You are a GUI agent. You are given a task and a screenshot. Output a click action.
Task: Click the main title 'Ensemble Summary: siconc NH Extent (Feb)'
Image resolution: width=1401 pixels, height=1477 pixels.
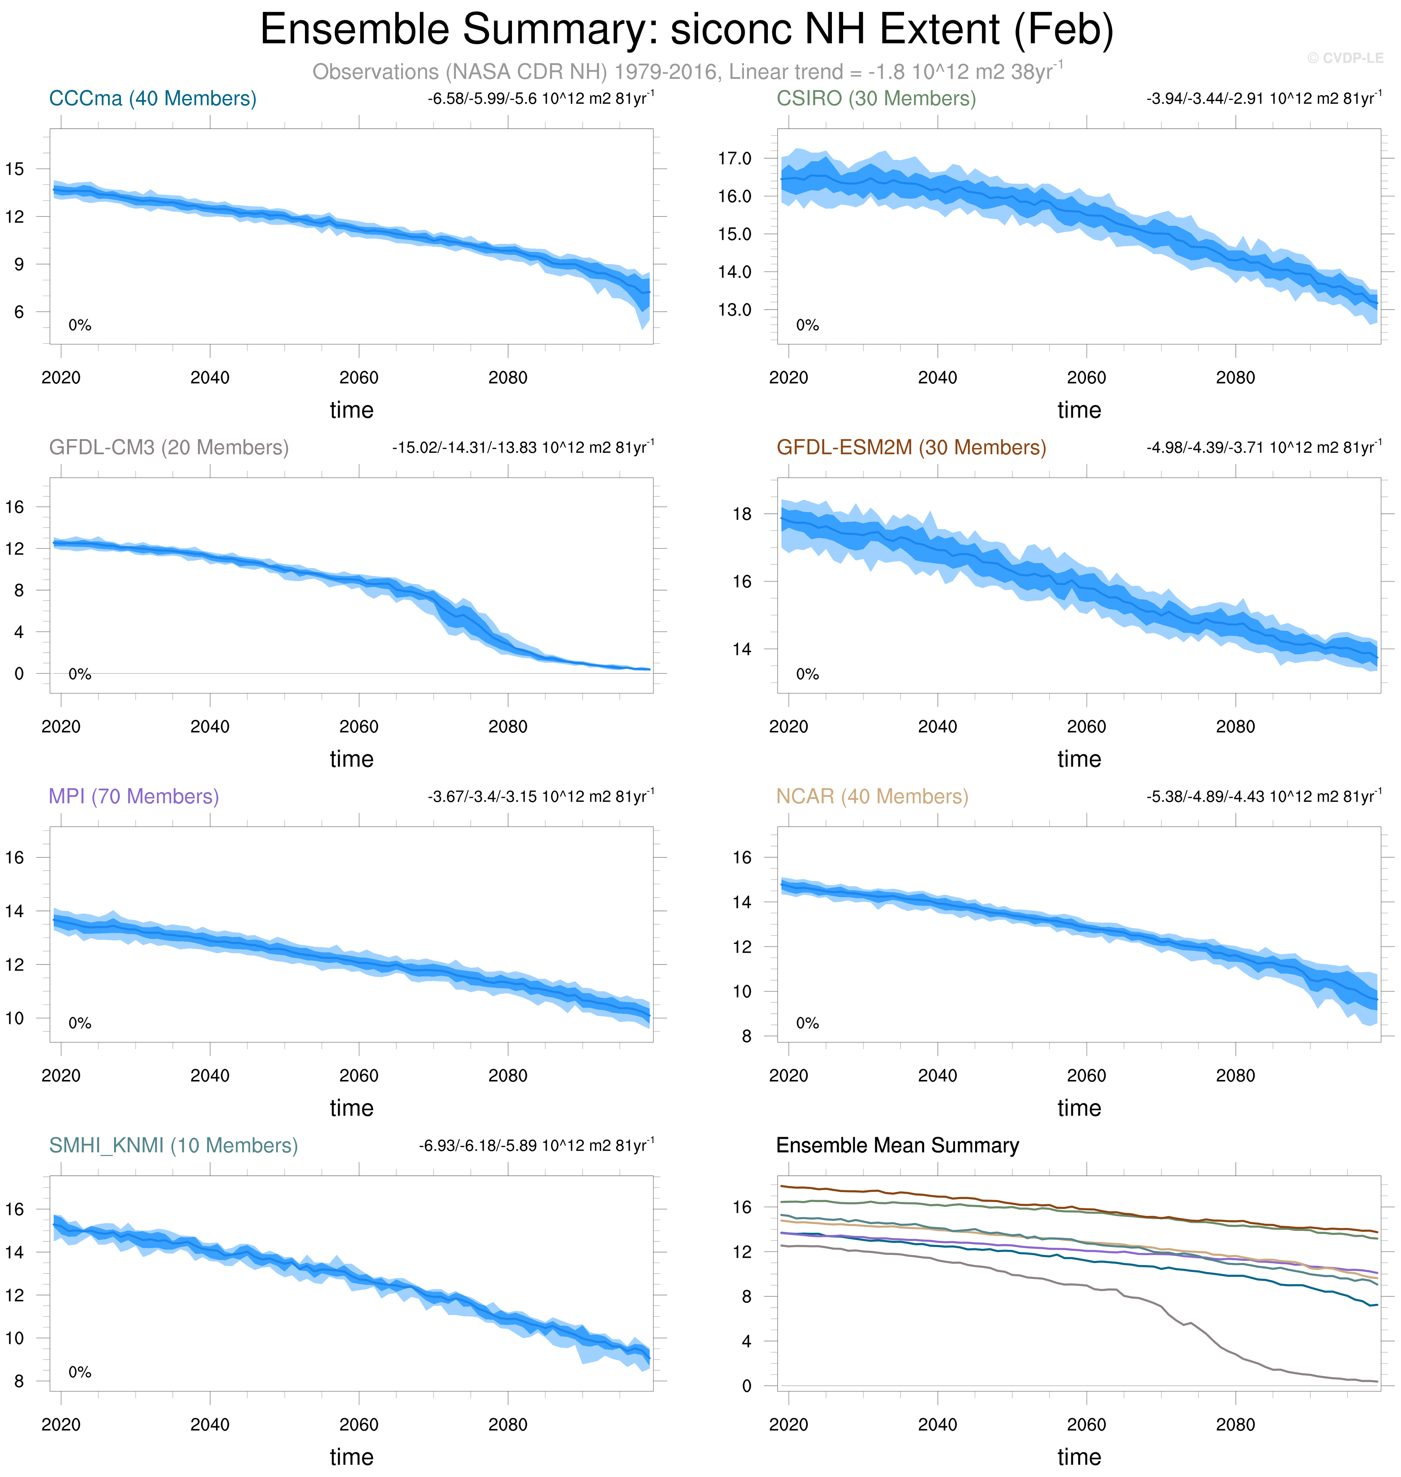pyautogui.click(x=686, y=30)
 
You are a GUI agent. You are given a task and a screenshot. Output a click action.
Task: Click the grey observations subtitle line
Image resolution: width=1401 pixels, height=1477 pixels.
pyautogui.click(x=687, y=72)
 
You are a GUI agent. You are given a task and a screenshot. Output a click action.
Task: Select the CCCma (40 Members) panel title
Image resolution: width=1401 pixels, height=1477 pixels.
pyautogui.click(x=152, y=99)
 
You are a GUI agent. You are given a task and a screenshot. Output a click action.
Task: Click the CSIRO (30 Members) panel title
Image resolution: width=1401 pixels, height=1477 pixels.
pyautogui.click(x=876, y=99)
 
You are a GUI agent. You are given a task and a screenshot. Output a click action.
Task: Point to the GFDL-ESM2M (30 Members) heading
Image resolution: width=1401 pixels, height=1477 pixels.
pyautogui.click(x=911, y=448)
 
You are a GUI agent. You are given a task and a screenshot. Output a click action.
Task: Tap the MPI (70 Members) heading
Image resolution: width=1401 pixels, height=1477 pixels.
pyautogui.click(x=134, y=797)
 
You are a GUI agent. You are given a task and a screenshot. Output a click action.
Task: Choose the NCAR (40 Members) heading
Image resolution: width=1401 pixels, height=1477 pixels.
pyautogui.click(x=872, y=797)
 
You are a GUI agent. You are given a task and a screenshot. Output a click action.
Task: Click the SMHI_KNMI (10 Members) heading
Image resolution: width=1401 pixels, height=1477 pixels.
pyautogui.click(x=173, y=1145)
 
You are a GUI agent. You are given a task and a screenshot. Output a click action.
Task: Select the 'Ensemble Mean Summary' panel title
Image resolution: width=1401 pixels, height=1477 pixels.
pyautogui.click(x=897, y=1145)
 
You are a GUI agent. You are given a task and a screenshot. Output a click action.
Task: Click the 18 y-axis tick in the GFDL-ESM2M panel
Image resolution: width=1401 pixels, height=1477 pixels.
pyautogui.click(x=742, y=514)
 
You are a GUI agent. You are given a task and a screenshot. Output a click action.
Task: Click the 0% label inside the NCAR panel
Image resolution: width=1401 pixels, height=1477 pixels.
pyautogui.click(x=807, y=1023)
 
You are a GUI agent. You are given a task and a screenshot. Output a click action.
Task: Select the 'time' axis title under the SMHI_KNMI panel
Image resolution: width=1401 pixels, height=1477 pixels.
pyautogui.click(x=351, y=1456)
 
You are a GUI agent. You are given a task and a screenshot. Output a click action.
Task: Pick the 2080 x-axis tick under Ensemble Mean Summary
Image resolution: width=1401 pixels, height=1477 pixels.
pyautogui.click(x=1235, y=1424)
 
